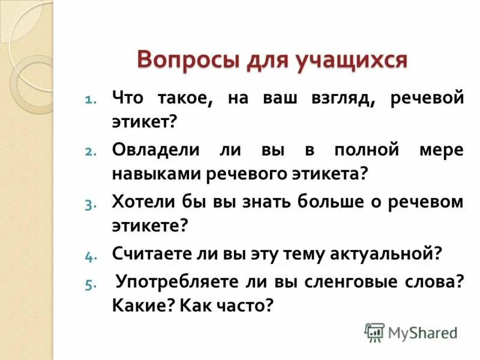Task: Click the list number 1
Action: [88, 100]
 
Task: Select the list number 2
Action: [88, 152]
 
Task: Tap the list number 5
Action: [88, 285]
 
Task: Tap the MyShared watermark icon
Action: [374, 331]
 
